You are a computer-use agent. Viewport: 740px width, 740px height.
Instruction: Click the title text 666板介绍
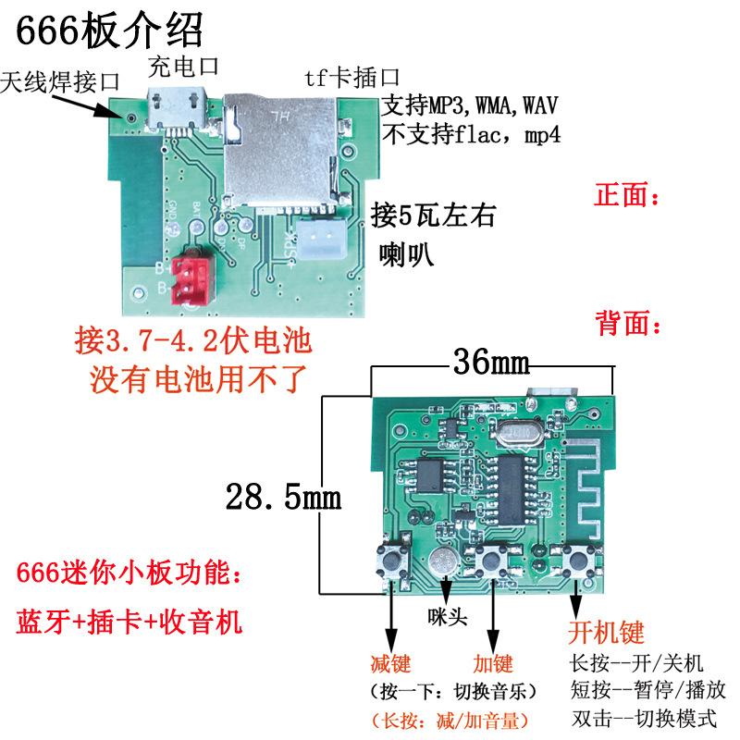108,32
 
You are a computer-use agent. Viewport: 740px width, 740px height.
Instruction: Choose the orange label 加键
492,663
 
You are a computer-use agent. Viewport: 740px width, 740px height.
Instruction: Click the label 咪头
447,617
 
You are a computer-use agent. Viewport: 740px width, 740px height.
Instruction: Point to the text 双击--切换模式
644,718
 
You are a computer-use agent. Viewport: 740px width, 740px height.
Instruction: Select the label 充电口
183,67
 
